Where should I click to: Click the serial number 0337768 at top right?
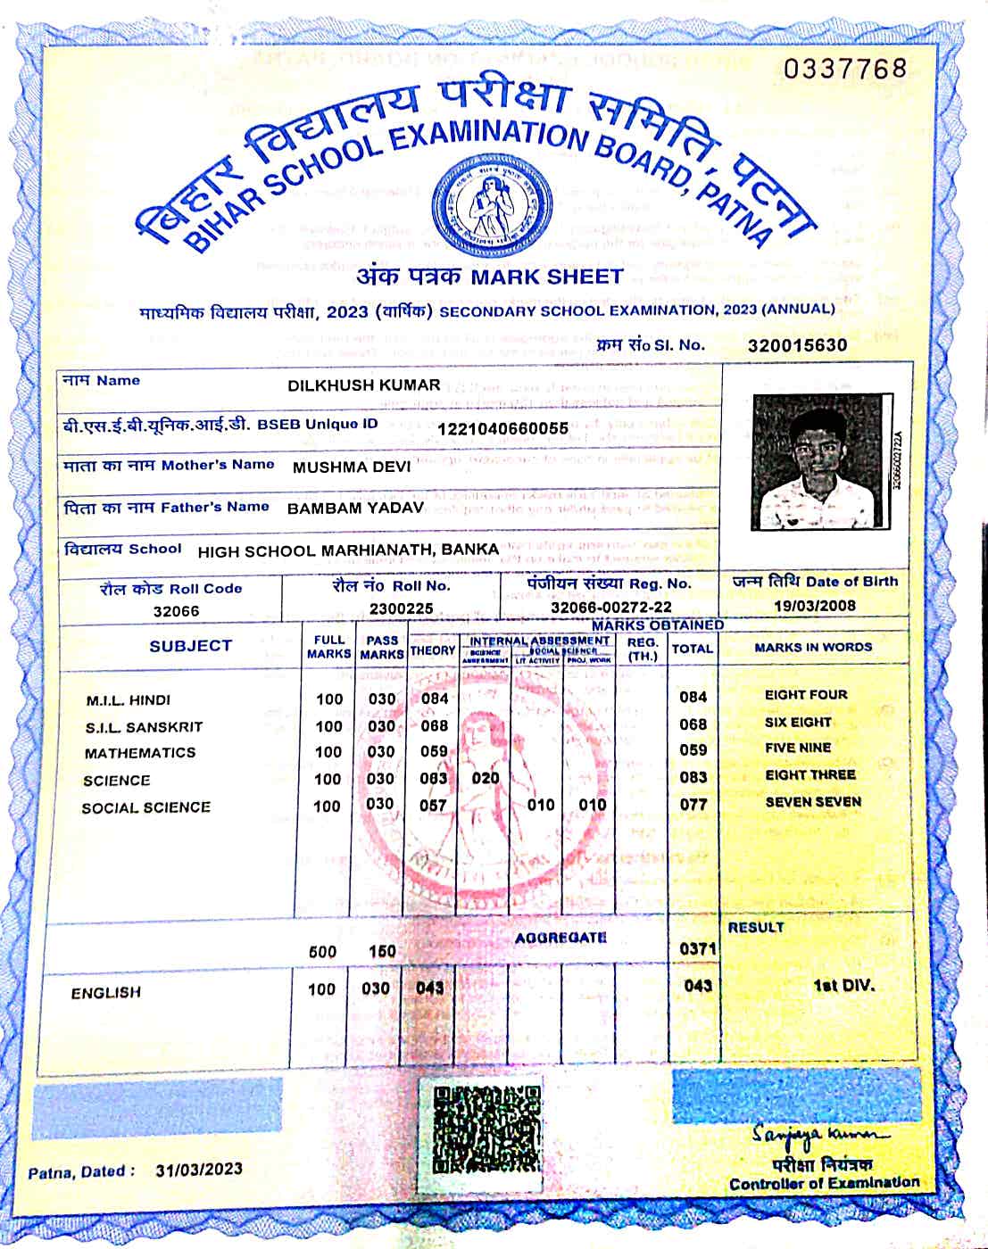845,69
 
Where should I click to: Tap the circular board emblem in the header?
489,204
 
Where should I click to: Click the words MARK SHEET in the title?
546,276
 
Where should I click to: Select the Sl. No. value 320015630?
797,345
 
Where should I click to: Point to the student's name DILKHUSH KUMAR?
363,385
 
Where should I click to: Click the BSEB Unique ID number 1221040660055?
502,428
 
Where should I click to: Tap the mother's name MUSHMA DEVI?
352,467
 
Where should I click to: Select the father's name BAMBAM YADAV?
355,508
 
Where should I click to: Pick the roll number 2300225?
401,608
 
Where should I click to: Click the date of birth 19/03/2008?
814,606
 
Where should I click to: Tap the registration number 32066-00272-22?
610,607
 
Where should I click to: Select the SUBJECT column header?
190,646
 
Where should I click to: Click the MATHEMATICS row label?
140,753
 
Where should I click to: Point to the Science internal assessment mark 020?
486,778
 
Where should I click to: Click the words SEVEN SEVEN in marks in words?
813,802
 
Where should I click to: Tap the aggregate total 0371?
697,948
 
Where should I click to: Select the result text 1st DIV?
843,986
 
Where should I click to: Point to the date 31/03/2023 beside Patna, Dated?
198,1170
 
